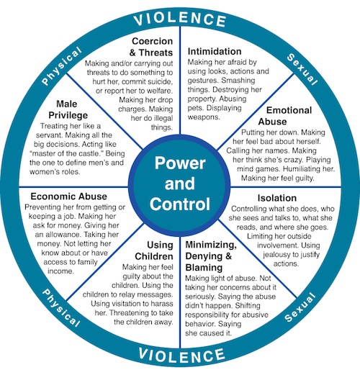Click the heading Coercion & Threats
coord(151,47)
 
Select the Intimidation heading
coord(215,51)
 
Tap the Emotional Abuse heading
coord(285,116)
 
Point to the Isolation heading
coord(277,198)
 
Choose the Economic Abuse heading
coord(68,196)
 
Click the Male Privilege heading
coord(68,109)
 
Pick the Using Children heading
coord(154,250)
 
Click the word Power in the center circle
coord(180,163)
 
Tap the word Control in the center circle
coord(180,204)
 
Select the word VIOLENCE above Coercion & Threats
coord(180,19)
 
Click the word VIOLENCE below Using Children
coord(181,356)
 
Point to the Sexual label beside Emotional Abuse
coord(302,69)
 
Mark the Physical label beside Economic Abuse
coord(61,308)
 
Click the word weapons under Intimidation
coord(204,117)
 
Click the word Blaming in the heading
coord(204,268)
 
